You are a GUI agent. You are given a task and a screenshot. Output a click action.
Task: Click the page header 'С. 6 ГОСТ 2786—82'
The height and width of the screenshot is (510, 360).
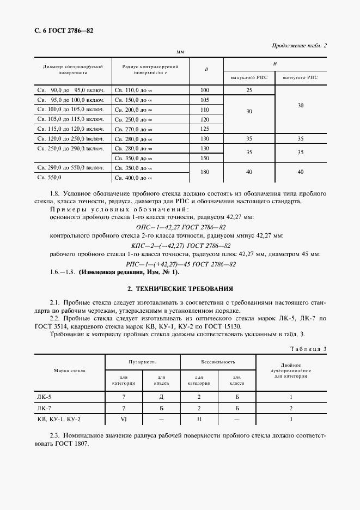pos(62,31)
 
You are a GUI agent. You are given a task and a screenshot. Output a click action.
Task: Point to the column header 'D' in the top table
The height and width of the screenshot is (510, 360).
pos(206,69)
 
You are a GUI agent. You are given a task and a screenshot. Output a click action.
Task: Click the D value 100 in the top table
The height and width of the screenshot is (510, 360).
pos(205,89)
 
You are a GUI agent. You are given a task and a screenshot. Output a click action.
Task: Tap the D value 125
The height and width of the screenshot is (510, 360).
pos(205,129)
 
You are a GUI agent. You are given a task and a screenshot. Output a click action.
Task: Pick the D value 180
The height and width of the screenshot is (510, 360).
pos(205,173)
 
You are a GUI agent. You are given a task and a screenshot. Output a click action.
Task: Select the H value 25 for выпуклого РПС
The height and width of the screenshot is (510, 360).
pos(249,89)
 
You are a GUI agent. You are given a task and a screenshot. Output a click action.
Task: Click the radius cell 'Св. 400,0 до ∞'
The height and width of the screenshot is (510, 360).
pos(133,178)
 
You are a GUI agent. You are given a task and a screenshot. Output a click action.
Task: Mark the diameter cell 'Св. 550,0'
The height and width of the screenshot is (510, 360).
pos(50,178)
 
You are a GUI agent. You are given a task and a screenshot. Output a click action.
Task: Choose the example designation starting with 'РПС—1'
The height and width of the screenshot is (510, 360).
pos(180,264)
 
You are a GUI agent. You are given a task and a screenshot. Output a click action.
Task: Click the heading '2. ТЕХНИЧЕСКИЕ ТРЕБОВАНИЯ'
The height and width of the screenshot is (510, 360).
pos(180,288)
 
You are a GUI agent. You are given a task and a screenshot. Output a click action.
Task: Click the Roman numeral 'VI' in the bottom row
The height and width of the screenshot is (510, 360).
pos(124,419)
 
